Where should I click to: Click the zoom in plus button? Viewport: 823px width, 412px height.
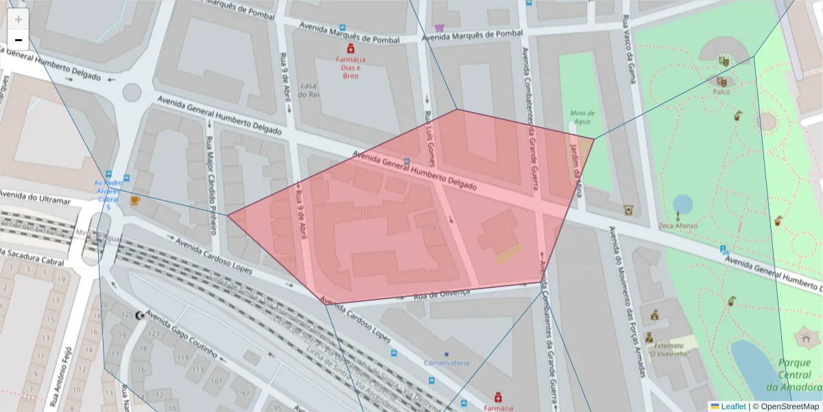pos(19,19)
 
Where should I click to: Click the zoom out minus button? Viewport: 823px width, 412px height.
pos(19,40)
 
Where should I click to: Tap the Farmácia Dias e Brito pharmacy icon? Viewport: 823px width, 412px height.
pos(350,49)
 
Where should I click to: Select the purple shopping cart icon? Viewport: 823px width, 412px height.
pos(439,28)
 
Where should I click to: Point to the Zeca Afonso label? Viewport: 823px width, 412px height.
pos(678,226)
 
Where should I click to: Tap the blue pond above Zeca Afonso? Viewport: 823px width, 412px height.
pos(682,204)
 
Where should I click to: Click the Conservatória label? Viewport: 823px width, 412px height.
pos(446,363)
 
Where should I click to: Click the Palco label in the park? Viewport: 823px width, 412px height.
pos(721,91)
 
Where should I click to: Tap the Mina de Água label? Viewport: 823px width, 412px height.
pos(582,117)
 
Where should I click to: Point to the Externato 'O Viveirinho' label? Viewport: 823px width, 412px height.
pos(669,350)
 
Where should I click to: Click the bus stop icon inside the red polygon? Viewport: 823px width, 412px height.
pos(407,163)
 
